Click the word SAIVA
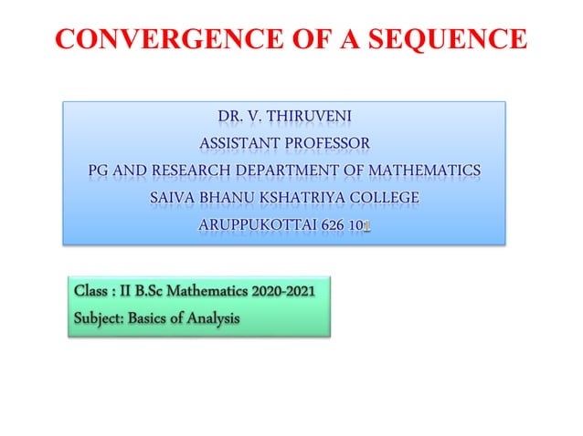[x=173, y=198]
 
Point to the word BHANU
[x=232, y=198]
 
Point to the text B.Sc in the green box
[x=161, y=293]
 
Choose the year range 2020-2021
[x=281, y=293]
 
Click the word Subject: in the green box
[x=101, y=319]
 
